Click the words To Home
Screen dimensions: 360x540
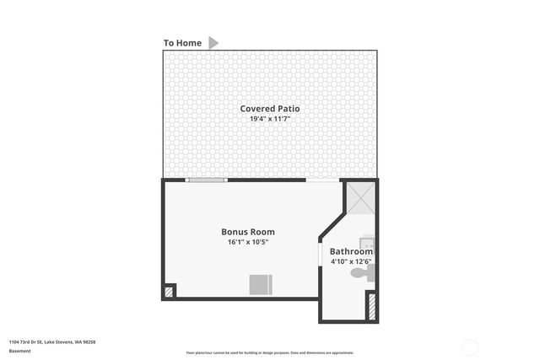tap(182, 43)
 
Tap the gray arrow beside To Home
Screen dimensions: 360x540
tap(213, 42)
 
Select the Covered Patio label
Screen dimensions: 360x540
tap(269, 109)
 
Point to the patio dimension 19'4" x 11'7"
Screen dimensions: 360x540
tap(269, 120)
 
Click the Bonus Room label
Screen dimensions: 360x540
tap(247, 232)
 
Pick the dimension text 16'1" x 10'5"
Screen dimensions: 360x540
tap(247, 243)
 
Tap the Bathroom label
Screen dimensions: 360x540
tap(351, 251)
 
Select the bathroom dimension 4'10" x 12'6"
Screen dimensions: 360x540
tap(351, 262)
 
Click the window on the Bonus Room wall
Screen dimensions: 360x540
tap(206, 180)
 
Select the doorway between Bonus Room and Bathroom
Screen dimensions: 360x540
tap(319, 253)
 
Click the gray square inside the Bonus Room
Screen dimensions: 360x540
tap(260, 284)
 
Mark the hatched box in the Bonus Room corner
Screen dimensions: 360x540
tap(169, 292)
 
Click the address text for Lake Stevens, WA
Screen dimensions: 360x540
tap(52, 341)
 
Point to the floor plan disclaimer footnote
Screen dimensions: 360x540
tap(270, 352)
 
